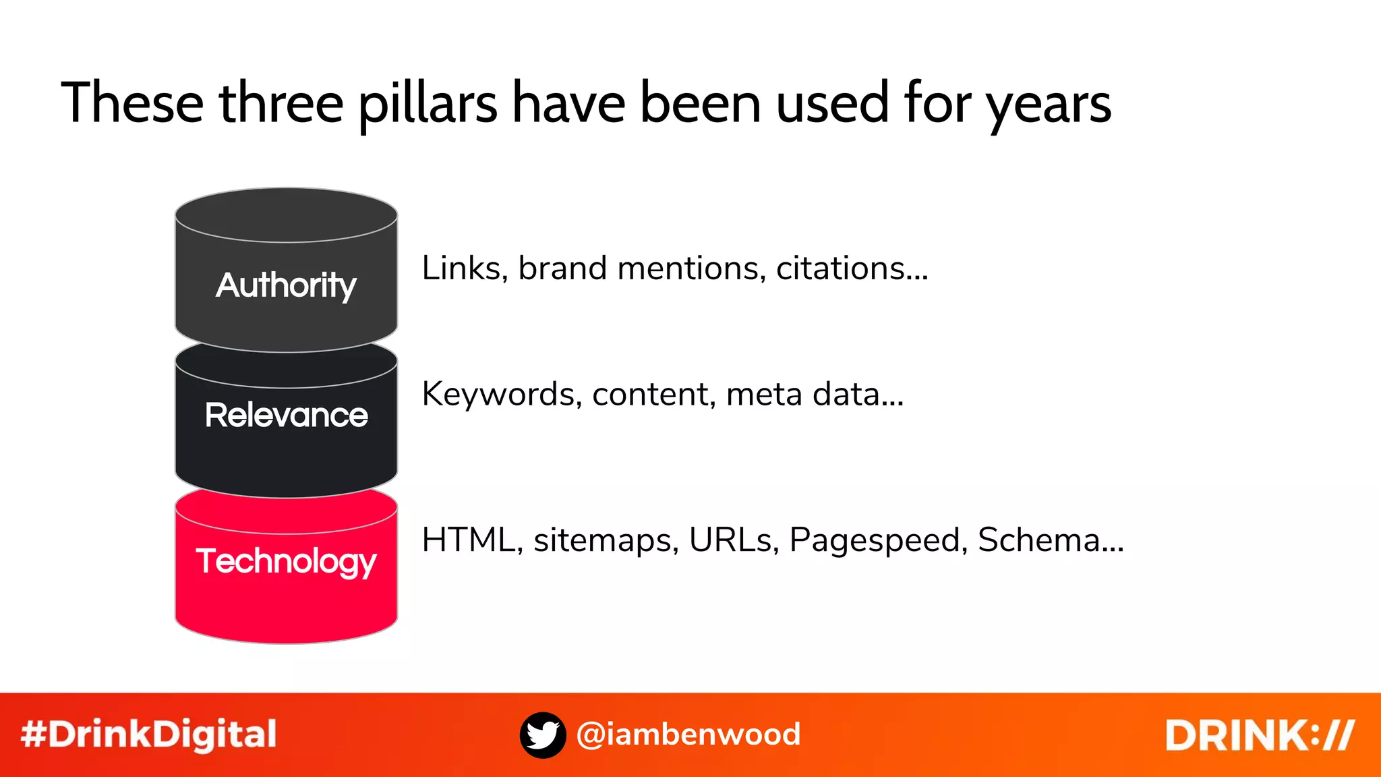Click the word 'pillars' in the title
[x=428, y=105]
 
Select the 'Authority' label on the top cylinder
[x=286, y=285]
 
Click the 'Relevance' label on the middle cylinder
[x=287, y=415]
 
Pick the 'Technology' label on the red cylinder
[x=286, y=562]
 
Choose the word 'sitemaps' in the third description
[x=606, y=540]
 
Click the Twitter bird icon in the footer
[x=543, y=735]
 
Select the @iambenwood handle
[x=688, y=735]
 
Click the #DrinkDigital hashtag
[x=148, y=735]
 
